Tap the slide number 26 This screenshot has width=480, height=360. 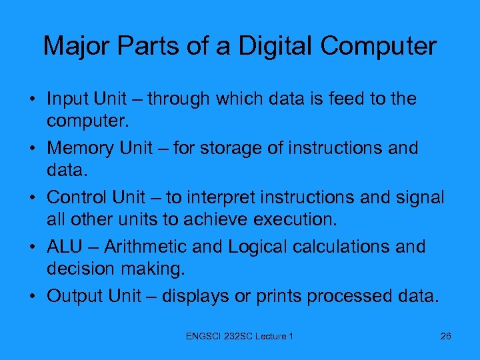446,336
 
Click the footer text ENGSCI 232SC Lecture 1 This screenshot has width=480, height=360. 240,336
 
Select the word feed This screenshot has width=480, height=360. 348,99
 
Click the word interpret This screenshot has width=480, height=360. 224,197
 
